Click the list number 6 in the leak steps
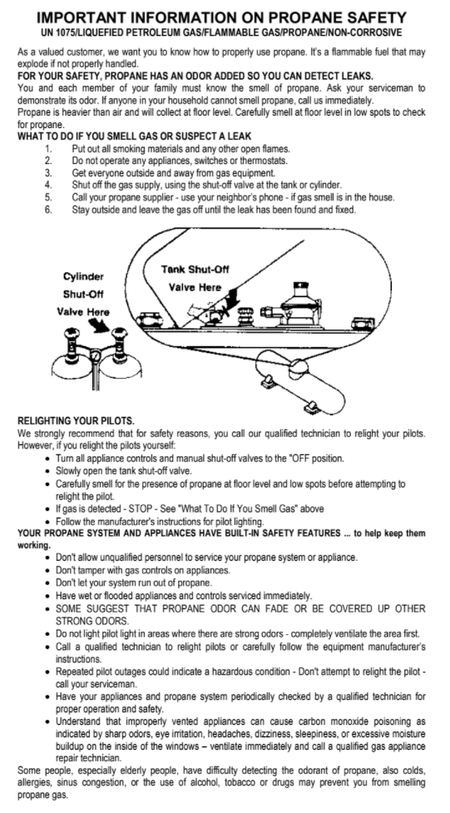click(47, 210)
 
